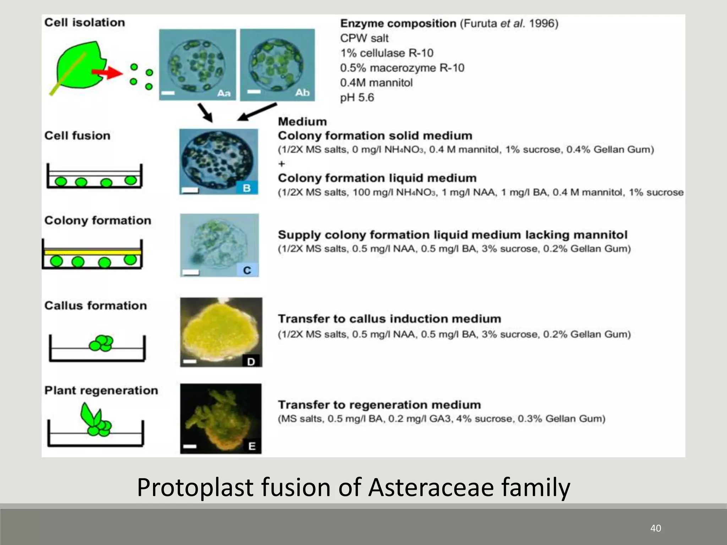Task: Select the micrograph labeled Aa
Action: tap(197, 65)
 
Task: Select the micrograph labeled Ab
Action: tap(277, 65)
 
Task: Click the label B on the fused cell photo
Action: tap(247, 188)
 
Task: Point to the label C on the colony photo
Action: tap(247, 270)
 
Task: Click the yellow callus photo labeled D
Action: tap(221, 332)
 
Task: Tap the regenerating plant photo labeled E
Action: tap(220, 418)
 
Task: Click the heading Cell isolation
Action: tap(84, 22)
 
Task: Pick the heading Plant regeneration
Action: tap(101, 390)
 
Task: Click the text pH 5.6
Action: tap(357, 98)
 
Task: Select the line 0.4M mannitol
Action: tap(376, 83)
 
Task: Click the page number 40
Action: tap(655, 528)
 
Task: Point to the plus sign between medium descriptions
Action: tap(281, 164)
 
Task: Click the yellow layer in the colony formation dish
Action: tap(92, 252)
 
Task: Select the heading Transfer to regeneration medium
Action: tap(379, 404)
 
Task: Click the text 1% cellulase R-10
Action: tap(387, 53)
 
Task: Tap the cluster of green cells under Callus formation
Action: tap(101, 343)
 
